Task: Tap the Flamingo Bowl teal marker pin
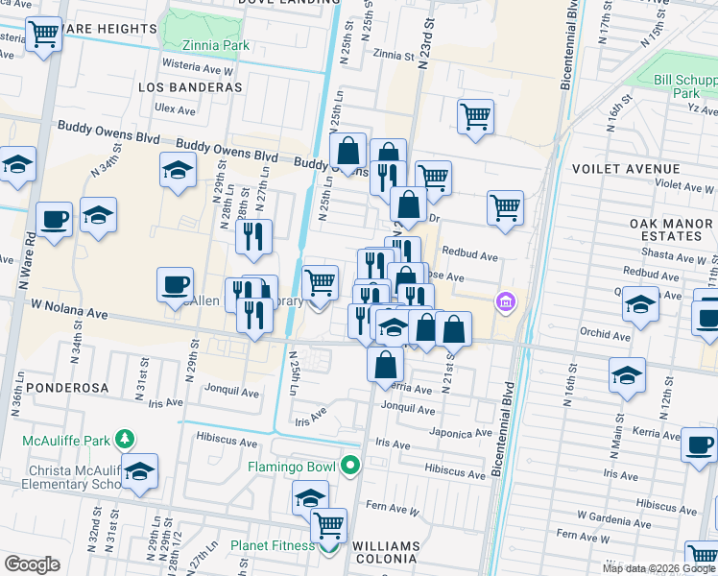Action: click(351, 468)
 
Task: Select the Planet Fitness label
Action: click(273, 546)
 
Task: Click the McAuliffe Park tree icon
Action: click(124, 439)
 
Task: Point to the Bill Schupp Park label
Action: click(685, 87)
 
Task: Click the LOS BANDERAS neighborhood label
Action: click(189, 87)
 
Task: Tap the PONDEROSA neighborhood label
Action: click(50, 388)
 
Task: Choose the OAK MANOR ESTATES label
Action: click(671, 230)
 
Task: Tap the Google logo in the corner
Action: click(32, 564)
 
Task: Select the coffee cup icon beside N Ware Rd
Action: click(54, 219)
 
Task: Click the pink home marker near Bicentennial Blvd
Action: click(505, 303)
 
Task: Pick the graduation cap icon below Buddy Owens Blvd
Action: click(178, 171)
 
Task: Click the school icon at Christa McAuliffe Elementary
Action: click(139, 472)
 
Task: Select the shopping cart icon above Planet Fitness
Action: click(329, 525)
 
